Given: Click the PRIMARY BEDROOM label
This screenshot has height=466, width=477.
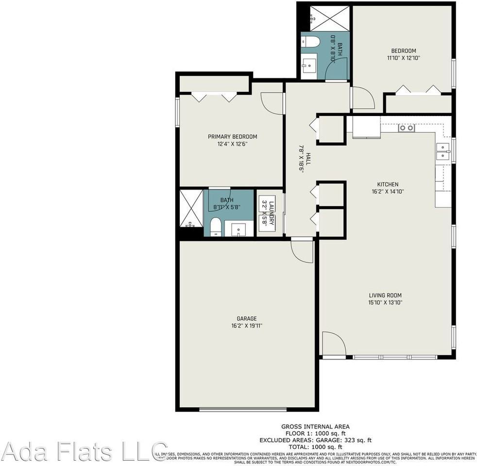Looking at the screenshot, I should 232,136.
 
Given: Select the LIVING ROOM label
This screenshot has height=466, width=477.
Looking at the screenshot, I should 385,295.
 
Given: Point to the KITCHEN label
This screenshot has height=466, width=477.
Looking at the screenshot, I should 388,184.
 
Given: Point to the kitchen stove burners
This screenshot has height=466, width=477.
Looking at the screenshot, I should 406,128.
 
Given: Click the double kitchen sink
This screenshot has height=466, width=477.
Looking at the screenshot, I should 443,151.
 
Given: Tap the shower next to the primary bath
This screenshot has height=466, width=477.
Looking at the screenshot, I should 191,208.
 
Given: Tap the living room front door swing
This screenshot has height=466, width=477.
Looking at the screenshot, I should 333,344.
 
